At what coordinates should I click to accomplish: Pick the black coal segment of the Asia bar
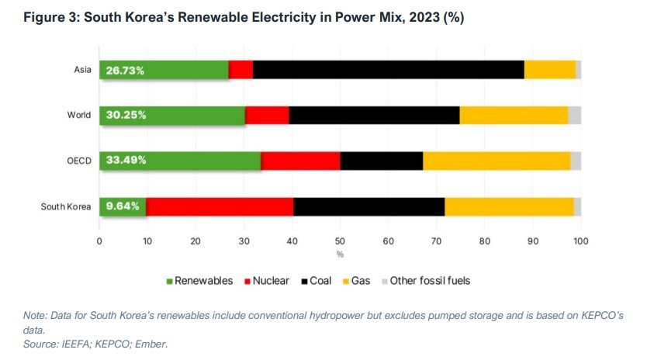click(388, 71)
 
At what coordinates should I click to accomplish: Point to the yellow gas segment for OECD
click(497, 161)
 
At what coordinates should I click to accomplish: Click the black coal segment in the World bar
click(374, 116)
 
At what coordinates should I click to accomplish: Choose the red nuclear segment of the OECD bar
click(300, 161)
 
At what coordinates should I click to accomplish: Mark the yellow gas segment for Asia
click(550, 71)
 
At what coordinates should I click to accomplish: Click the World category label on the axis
click(79, 116)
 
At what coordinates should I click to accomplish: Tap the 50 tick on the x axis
click(340, 241)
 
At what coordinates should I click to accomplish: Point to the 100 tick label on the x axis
click(580, 241)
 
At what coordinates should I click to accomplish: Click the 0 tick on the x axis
click(99, 241)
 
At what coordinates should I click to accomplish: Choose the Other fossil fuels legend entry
click(429, 281)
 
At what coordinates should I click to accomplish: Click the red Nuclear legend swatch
click(246, 281)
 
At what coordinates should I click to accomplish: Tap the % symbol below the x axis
click(340, 254)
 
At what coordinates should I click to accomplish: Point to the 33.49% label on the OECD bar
click(125, 161)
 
